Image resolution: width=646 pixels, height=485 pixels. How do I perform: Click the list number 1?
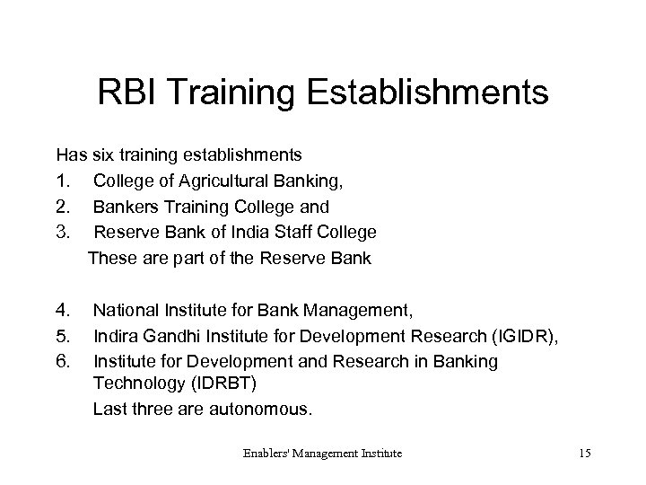coord(62,181)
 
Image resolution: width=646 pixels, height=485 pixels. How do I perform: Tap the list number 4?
coord(62,312)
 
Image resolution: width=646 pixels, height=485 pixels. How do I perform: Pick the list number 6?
coord(62,362)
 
